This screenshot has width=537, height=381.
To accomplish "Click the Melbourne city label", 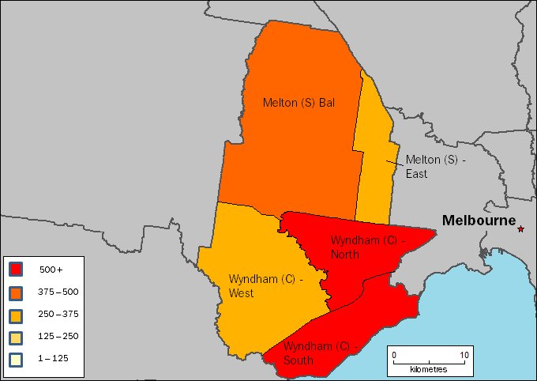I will (x=479, y=221).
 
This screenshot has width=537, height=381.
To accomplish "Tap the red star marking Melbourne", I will (x=520, y=229).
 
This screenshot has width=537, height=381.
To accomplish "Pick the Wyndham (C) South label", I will (x=316, y=353).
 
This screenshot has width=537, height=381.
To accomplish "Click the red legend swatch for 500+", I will (x=15, y=270).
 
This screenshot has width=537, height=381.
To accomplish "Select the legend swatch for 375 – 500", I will (x=15, y=292).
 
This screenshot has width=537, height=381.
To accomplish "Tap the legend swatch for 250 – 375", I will (x=15, y=314).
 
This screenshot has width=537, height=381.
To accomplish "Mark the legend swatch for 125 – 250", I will (x=15, y=336).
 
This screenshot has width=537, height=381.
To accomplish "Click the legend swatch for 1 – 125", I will (x=15, y=358).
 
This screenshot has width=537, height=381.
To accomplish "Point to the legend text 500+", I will (x=51, y=270).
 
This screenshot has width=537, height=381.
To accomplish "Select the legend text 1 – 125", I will (x=54, y=359).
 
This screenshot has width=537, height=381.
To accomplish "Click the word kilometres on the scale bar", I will (x=429, y=369).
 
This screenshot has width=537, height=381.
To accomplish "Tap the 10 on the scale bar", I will (x=464, y=355).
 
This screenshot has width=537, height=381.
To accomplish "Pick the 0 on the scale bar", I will (x=394, y=355).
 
